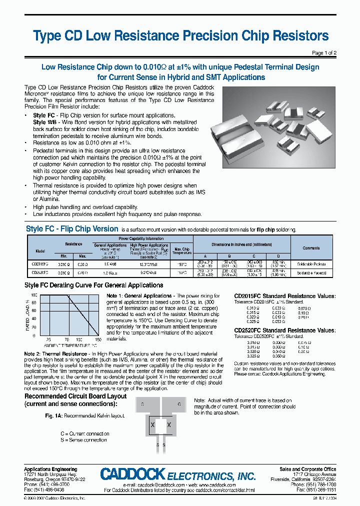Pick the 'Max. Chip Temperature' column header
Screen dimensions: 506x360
coord(181,250)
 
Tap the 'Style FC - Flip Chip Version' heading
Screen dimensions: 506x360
coord(71,229)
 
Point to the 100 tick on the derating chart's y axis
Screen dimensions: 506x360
coord(33,295)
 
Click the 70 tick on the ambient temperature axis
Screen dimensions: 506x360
coord(66,340)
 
